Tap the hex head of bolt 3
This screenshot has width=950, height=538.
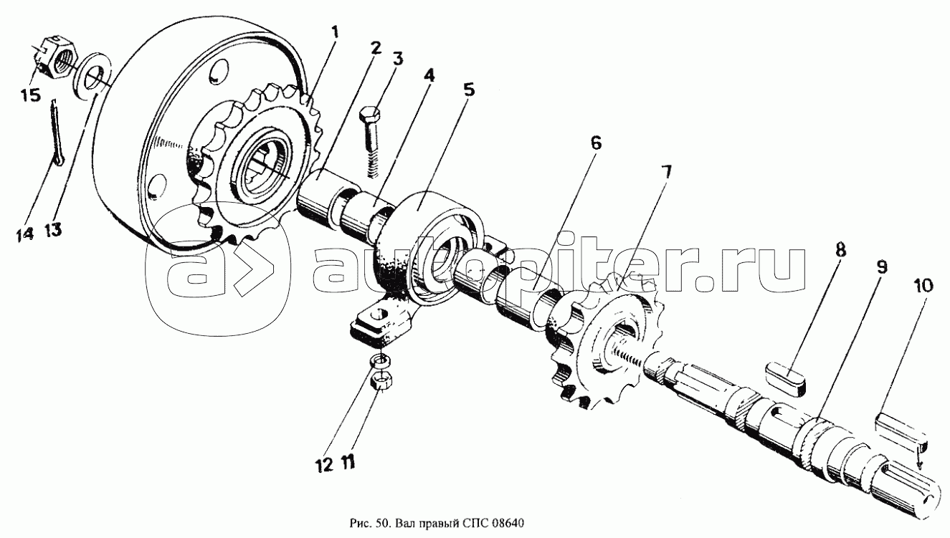(369, 116)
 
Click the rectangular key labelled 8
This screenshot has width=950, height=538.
(787, 376)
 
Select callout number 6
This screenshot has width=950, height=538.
(596, 143)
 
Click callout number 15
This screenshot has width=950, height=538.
(31, 95)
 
